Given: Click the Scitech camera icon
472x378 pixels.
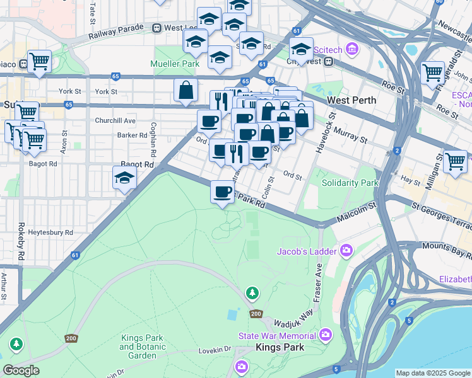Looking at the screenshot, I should coord(352,49).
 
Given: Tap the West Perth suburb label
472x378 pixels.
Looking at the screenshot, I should coord(351,100).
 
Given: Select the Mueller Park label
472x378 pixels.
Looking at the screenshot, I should coord(175,64).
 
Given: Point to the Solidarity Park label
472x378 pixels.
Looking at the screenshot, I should coord(350,183).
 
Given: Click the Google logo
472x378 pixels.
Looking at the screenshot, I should coord(21,370).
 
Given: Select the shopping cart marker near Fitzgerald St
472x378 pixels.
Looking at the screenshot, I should coord(433,72).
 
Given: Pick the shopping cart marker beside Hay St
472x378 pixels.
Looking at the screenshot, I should coord(455,161).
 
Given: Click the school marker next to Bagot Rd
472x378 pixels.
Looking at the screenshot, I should coord(125,179).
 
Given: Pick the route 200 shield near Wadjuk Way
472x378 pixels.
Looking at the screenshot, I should coord(256,313).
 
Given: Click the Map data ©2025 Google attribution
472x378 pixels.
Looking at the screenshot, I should coord(432,373).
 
